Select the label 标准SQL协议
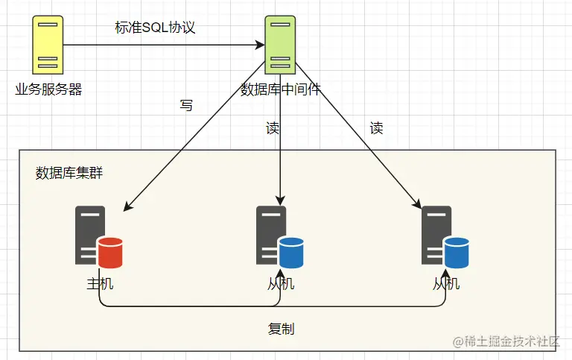click(x=155, y=28)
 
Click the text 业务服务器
click(x=48, y=90)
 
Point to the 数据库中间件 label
click(x=280, y=90)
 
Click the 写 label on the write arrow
click(x=186, y=106)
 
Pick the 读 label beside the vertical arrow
click(x=273, y=128)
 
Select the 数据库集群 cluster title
click(x=69, y=173)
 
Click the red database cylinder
click(x=109, y=252)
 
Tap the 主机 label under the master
click(x=100, y=284)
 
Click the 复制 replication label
click(x=281, y=329)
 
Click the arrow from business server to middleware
click(x=164, y=45)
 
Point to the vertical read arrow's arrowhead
click(x=280, y=200)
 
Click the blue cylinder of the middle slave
click(x=291, y=252)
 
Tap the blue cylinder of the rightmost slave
click(x=457, y=252)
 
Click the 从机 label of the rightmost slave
click(x=446, y=284)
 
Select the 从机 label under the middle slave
click(x=281, y=284)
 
